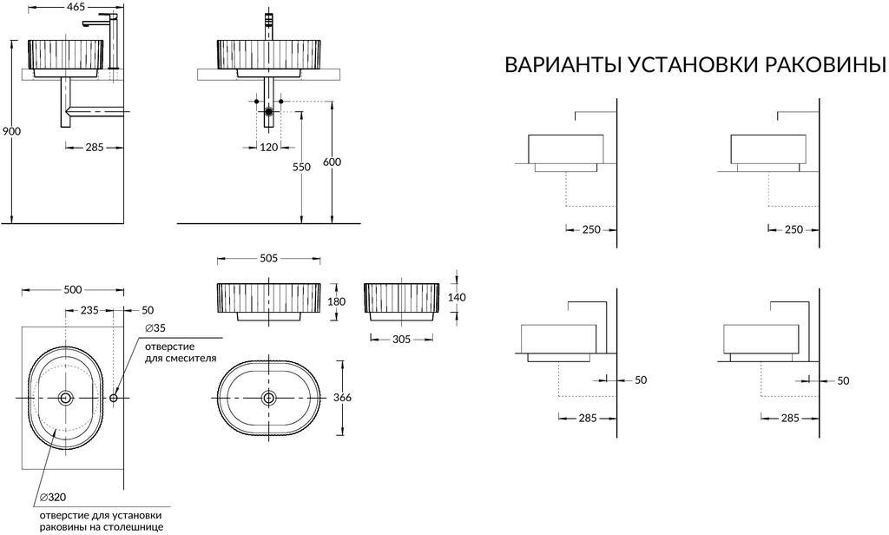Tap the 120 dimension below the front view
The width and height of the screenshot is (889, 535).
coord(269,147)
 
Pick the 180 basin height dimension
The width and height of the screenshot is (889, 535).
coord(337,301)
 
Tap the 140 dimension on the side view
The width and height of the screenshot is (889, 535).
coord(458,297)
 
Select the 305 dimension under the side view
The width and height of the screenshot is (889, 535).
coord(400,340)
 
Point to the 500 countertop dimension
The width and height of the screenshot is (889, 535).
coord(73,289)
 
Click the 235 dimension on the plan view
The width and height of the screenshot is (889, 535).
coord(90,310)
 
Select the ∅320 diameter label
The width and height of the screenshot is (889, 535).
coord(52,499)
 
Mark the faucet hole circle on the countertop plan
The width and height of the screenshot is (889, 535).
coord(115,398)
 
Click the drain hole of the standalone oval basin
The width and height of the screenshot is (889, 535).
coord(269,398)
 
